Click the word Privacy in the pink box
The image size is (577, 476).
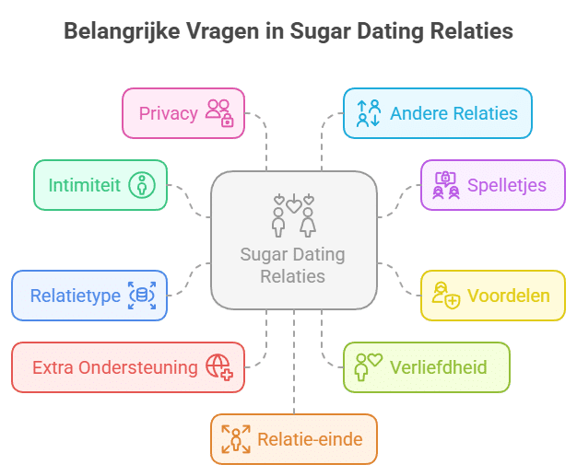coord(169,113)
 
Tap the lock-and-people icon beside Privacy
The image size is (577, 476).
coord(219,113)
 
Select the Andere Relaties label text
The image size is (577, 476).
coord(453,113)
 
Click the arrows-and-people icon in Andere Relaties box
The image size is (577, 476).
coord(369,113)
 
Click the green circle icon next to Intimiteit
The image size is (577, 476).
coord(141,185)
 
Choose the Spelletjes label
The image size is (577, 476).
coord(506,185)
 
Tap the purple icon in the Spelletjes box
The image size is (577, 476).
coord(446,185)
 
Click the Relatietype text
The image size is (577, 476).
coord(76,296)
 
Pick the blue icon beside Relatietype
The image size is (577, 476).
coord(141,296)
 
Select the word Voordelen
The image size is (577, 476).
coord(508,296)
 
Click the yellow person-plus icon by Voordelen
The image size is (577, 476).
coord(446,296)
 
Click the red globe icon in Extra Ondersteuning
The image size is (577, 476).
coord(219,367)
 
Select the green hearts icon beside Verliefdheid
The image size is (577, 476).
coord(369,367)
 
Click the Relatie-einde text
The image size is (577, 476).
coord(310,439)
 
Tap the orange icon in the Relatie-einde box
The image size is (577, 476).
coord(236,439)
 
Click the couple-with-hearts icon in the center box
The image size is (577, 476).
coord(293,215)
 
